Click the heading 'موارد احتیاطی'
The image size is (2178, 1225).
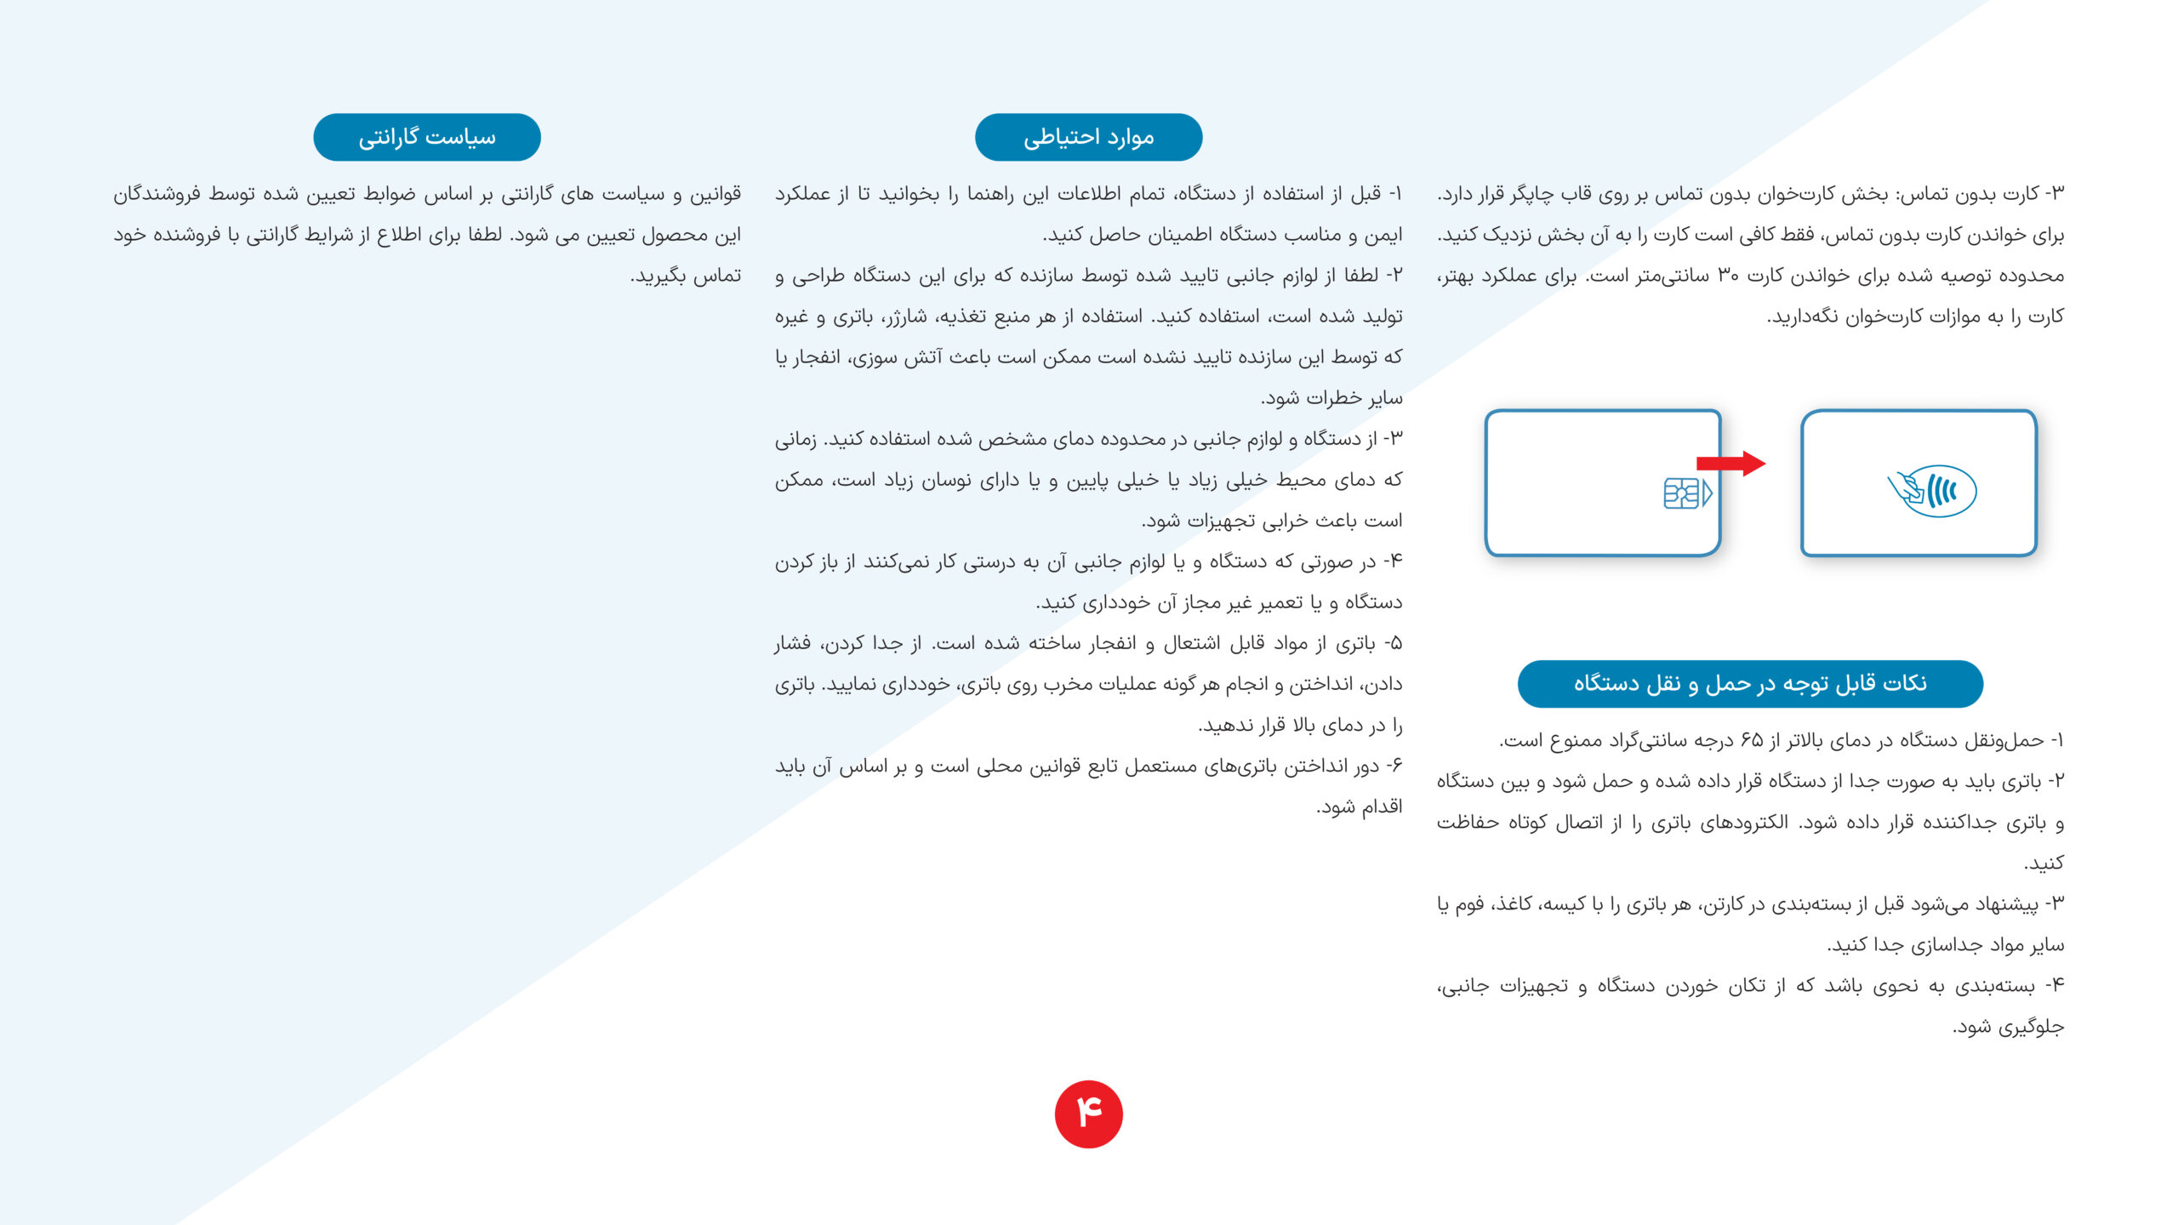point(1088,137)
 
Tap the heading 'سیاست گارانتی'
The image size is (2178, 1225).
point(427,137)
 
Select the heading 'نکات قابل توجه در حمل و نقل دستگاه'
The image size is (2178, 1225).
point(1750,683)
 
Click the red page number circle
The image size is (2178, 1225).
point(1089,1114)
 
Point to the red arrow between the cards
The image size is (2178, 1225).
point(1730,464)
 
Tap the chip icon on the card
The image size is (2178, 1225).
point(1686,493)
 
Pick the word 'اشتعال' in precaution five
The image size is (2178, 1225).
point(1192,643)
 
